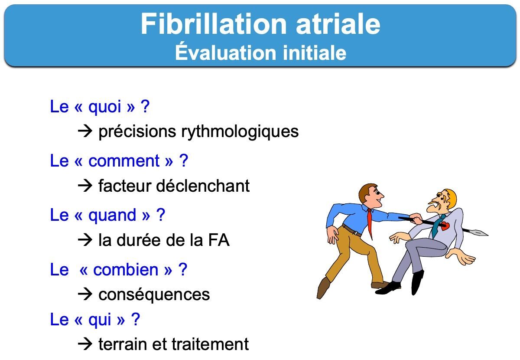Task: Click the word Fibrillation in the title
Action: point(214,24)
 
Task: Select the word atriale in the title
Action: point(338,24)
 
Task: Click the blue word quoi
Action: point(104,107)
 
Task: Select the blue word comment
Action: point(124,161)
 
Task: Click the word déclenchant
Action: point(203,186)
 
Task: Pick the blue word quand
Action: point(112,216)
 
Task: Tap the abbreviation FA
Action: point(219,240)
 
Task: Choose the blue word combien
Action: point(126,270)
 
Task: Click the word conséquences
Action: point(154,295)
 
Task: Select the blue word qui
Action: point(100,320)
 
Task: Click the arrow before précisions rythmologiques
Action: point(85,131)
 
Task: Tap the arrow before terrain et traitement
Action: point(85,344)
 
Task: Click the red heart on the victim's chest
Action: point(445,226)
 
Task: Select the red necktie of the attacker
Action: point(370,223)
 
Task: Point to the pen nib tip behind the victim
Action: point(488,235)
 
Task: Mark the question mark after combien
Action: point(183,269)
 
